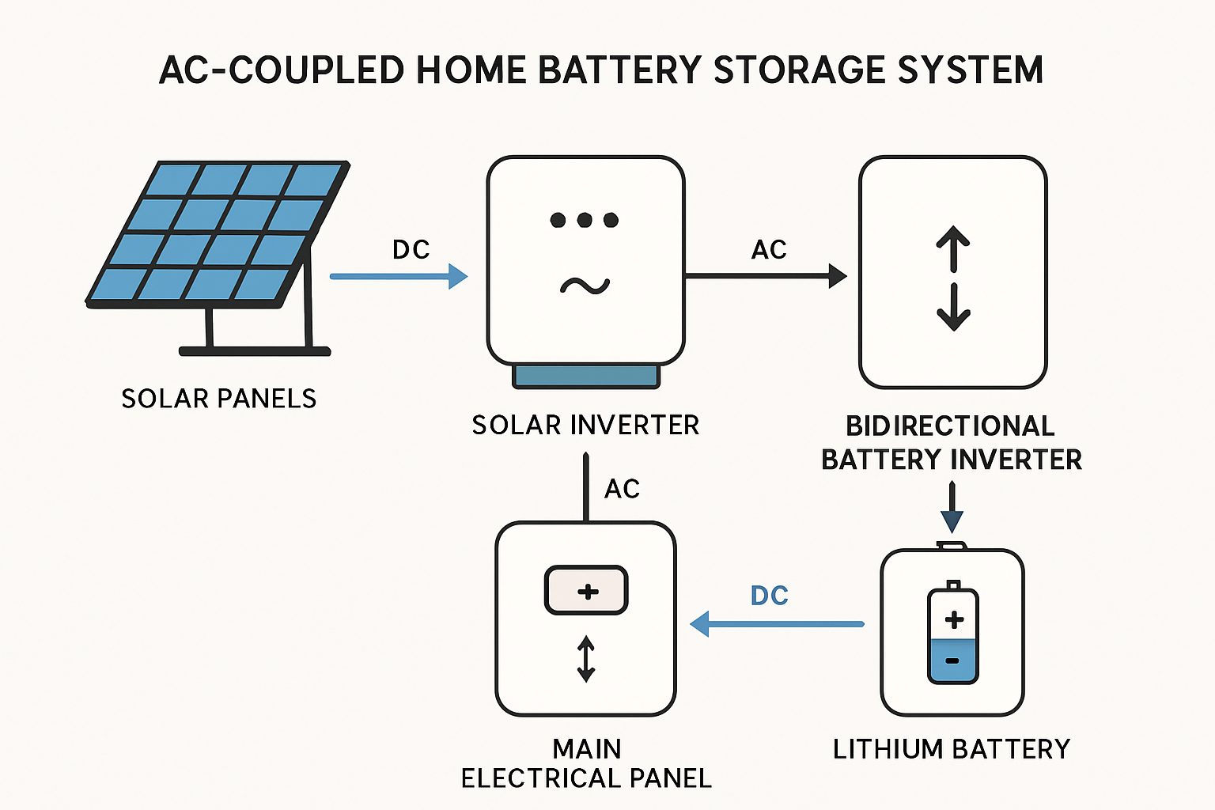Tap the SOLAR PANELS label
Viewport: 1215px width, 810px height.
click(x=219, y=399)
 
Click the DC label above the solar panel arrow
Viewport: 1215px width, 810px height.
click(x=411, y=250)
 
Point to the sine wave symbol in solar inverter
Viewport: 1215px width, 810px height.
click(x=585, y=286)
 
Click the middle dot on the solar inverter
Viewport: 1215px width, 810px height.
click(x=585, y=220)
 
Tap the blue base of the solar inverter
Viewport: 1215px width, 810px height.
click(x=585, y=377)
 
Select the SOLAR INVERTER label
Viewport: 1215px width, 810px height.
click(x=585, y=426)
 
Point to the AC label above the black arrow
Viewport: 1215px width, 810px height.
click(x=769, y=250)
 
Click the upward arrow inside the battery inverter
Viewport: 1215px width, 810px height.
click(x=953, y=248)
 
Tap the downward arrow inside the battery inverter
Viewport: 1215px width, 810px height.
click(x=953, y=308)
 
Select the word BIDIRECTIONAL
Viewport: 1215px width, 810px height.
click(x=950, y=426)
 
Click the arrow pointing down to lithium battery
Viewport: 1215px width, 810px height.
click(x=952, y=509)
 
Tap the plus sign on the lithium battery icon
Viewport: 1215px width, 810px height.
click(x=954, y=619)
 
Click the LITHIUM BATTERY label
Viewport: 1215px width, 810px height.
click(x=952, y=749)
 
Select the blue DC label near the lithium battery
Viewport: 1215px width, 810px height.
click(x=769, y=596)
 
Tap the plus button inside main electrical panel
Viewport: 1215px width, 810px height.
click(x=586, y=591)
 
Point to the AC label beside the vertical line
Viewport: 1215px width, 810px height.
click(x=622, y=489)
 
